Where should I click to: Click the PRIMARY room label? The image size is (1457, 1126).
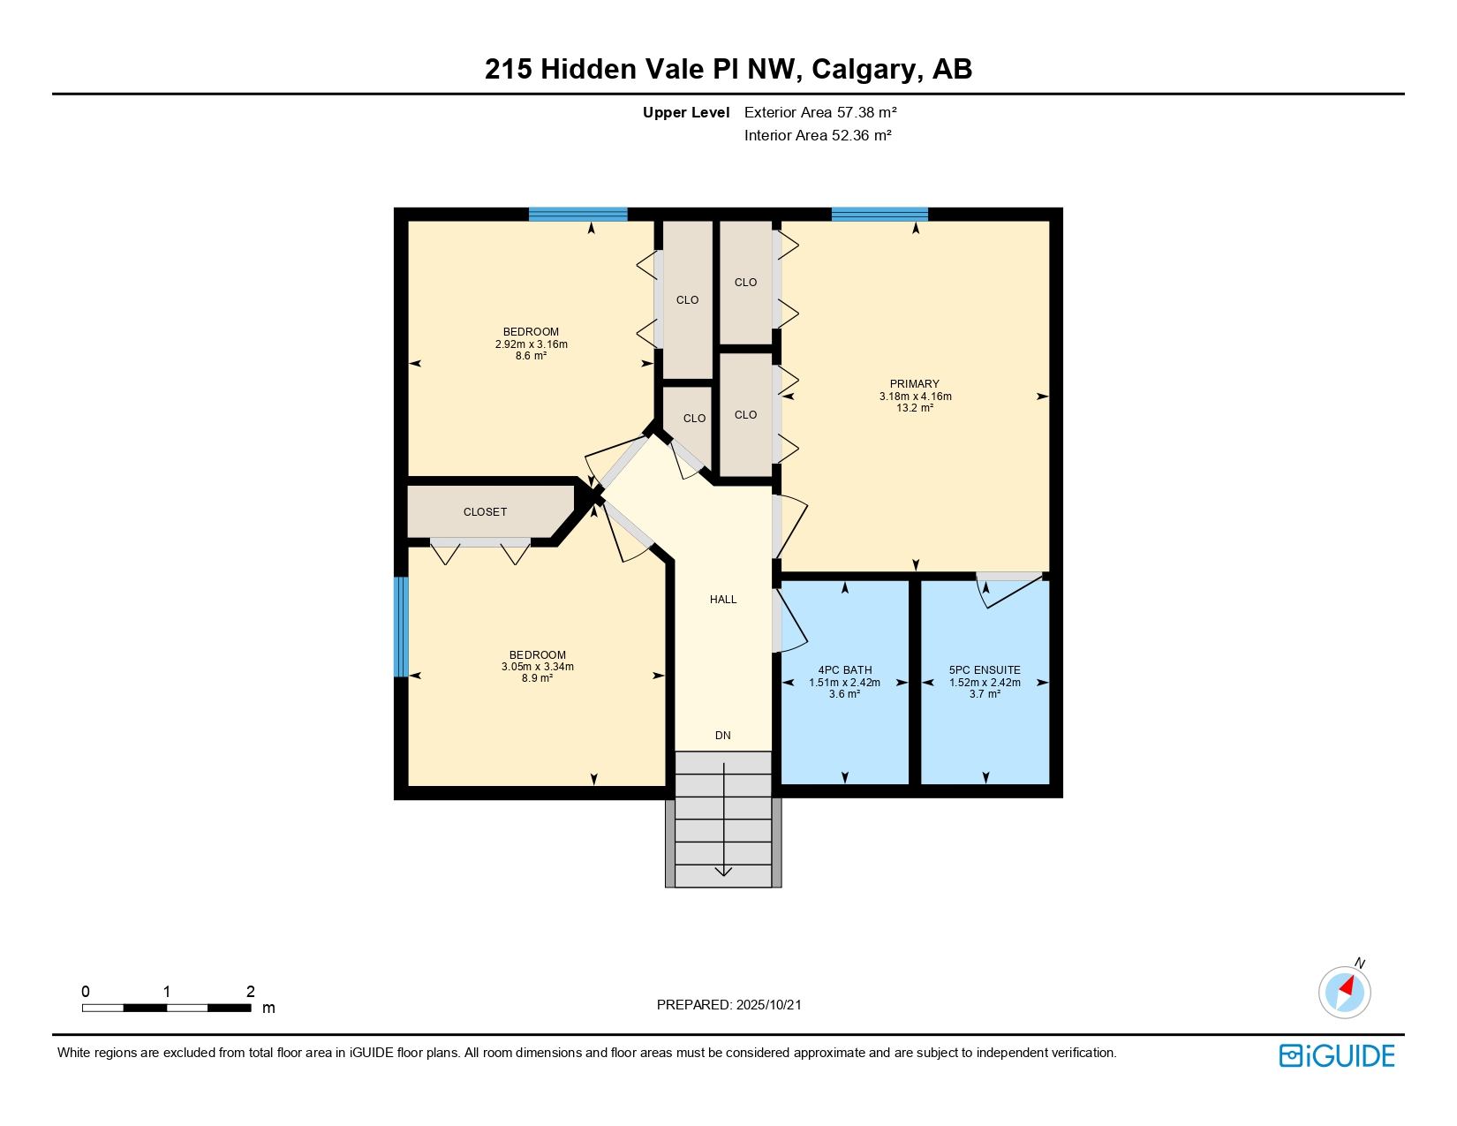click(914, 384)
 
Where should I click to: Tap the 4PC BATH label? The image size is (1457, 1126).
click(844, 670)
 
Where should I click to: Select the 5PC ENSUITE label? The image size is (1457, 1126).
click(985, 670)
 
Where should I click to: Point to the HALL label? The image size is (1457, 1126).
click(723, 600)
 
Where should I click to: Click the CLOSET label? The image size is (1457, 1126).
click(485, 512)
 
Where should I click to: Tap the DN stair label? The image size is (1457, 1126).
click(723, 736)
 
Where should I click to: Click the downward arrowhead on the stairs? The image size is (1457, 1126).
click(723, 871)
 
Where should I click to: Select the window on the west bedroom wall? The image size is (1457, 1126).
click(400, 627)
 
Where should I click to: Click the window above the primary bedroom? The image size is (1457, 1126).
click(879, 214)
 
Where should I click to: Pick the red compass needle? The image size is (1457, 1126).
click(1347, 986)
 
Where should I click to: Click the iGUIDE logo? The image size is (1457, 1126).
click(1336, 1055)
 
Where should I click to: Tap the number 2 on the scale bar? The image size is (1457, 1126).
click(250, 991)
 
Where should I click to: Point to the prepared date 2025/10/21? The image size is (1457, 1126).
click(768, 1005)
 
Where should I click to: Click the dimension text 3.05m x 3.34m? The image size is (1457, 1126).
click(537, 667)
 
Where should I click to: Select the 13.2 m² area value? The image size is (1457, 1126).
click(915, 408)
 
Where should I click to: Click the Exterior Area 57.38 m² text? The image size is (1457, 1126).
click(820, 113)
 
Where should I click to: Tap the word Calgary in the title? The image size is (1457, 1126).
click(864, 70)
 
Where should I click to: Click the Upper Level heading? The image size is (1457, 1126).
click(686, 113)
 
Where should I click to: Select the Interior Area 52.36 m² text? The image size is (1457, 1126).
click(818, 135)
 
